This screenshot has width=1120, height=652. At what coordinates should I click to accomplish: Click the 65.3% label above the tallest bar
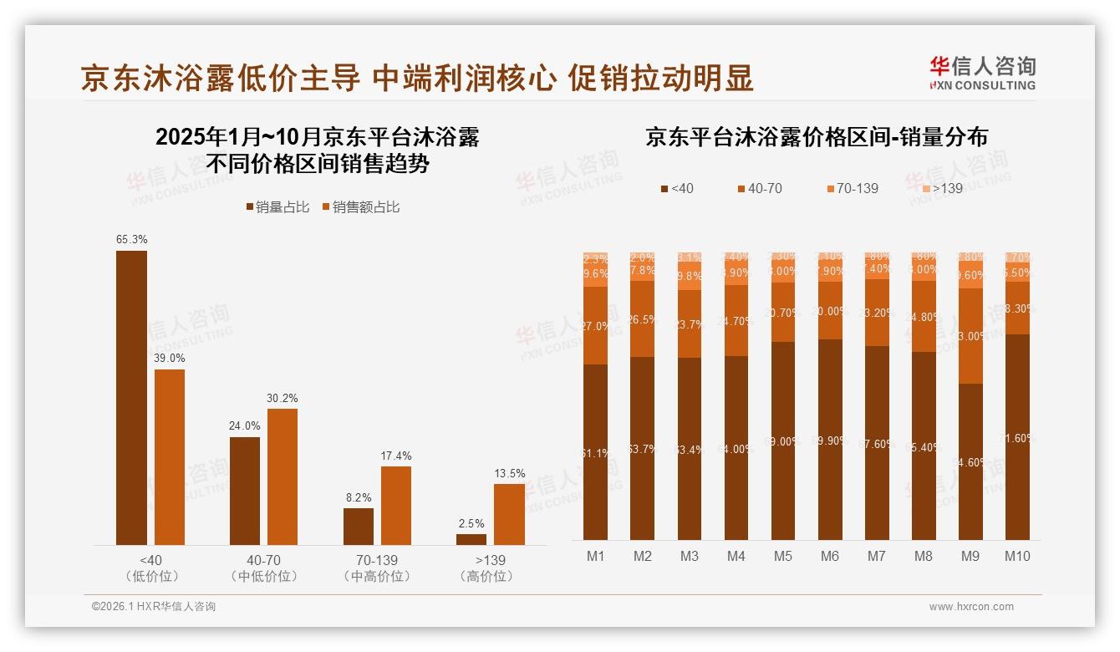point(132,239)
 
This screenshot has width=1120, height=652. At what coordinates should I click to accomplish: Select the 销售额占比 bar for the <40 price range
point(170,457)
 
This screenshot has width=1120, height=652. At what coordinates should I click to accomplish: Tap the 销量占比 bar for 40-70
point(245,491)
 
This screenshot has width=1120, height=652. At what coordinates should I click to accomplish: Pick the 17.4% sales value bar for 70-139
point(396,506)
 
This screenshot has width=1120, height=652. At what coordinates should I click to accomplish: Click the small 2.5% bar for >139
point(471,539)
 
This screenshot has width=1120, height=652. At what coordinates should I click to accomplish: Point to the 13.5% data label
point(509,473)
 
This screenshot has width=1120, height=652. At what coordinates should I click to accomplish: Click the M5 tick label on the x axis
point(782,556)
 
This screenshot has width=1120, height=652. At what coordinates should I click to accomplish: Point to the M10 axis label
point(1017,556)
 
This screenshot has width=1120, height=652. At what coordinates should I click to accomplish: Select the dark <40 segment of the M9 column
point(970,461)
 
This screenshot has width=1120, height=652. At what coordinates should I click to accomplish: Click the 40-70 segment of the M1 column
point(596,326)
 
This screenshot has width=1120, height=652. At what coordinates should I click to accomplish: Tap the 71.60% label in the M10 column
point(1017,437)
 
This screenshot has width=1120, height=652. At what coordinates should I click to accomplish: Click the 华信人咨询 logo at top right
point(982,73)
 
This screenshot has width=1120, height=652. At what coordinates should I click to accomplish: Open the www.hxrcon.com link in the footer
point(970,607)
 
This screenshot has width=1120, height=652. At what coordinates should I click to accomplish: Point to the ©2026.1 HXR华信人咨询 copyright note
point(153,607)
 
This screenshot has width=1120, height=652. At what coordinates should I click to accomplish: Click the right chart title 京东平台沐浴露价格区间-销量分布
point(816,137)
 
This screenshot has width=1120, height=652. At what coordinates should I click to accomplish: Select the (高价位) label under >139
point(486,577)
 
